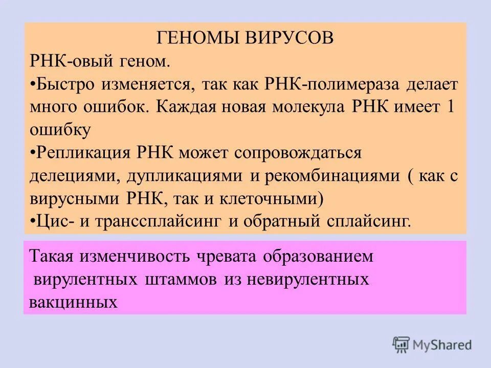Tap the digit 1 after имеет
(x=451, y=107)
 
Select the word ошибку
(x=60, y=129)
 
